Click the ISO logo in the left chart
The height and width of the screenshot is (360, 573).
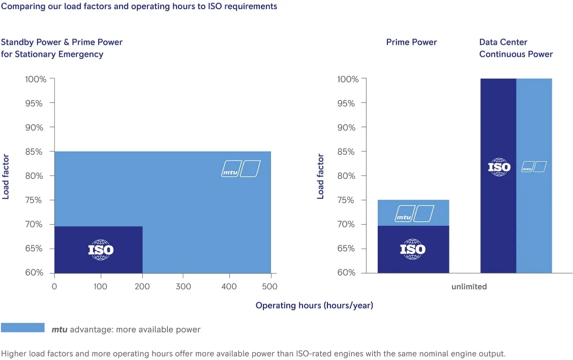tap(101, 250)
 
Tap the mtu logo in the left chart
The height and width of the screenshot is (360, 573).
tap(241, 168)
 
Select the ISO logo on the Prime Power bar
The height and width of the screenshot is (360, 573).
tap(412, 249)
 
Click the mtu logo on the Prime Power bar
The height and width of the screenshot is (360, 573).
tap(414, 214)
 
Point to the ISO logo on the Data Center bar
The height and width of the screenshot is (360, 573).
tap(499, 167)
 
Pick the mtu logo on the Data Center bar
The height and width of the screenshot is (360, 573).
tap(534, 167)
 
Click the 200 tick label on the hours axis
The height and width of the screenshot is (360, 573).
tap(142, 287)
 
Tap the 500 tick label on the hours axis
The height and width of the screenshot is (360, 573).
tap(269, 287)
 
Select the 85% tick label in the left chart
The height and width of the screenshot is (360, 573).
tap(34, 152)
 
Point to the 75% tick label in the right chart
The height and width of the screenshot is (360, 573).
tap(346, 200)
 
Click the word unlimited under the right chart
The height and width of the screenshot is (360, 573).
tap(469, 287)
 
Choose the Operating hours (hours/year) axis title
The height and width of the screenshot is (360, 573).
tap(314, 306)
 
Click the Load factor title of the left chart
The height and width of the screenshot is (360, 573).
tap(6, 176)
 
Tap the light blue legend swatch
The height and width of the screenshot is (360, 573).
tap(23, 327)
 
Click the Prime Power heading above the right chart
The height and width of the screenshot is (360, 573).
tap(411, 42)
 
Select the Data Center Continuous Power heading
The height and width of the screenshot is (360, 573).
tap(516, 48)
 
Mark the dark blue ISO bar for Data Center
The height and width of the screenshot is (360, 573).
tap(498, 176)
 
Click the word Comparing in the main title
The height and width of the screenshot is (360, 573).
tap(23, 7)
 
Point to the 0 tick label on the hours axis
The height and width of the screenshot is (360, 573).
tap(54, 287)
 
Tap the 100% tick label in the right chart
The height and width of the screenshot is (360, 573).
tap(348, 79)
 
